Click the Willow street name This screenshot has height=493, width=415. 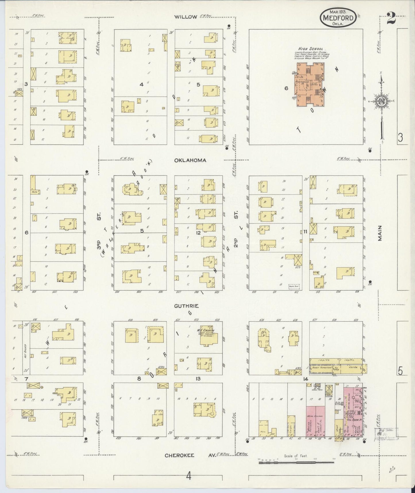tap(186, 17)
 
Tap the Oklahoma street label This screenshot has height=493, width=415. tap(190, 160)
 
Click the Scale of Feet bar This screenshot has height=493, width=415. tap(296, 462)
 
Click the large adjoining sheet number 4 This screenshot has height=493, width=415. tap(188, 476)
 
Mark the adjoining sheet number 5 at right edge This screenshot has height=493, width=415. tap(400, 371)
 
